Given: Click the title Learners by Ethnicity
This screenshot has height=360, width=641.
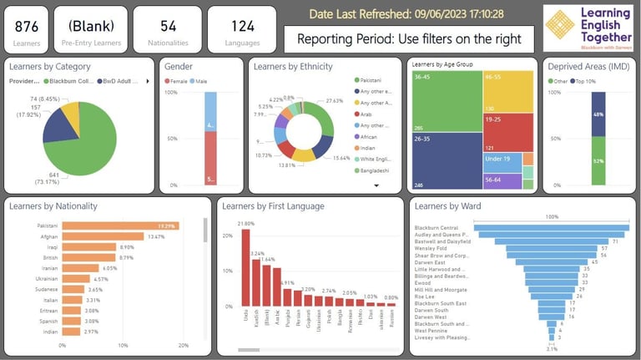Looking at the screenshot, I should [293, 66].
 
